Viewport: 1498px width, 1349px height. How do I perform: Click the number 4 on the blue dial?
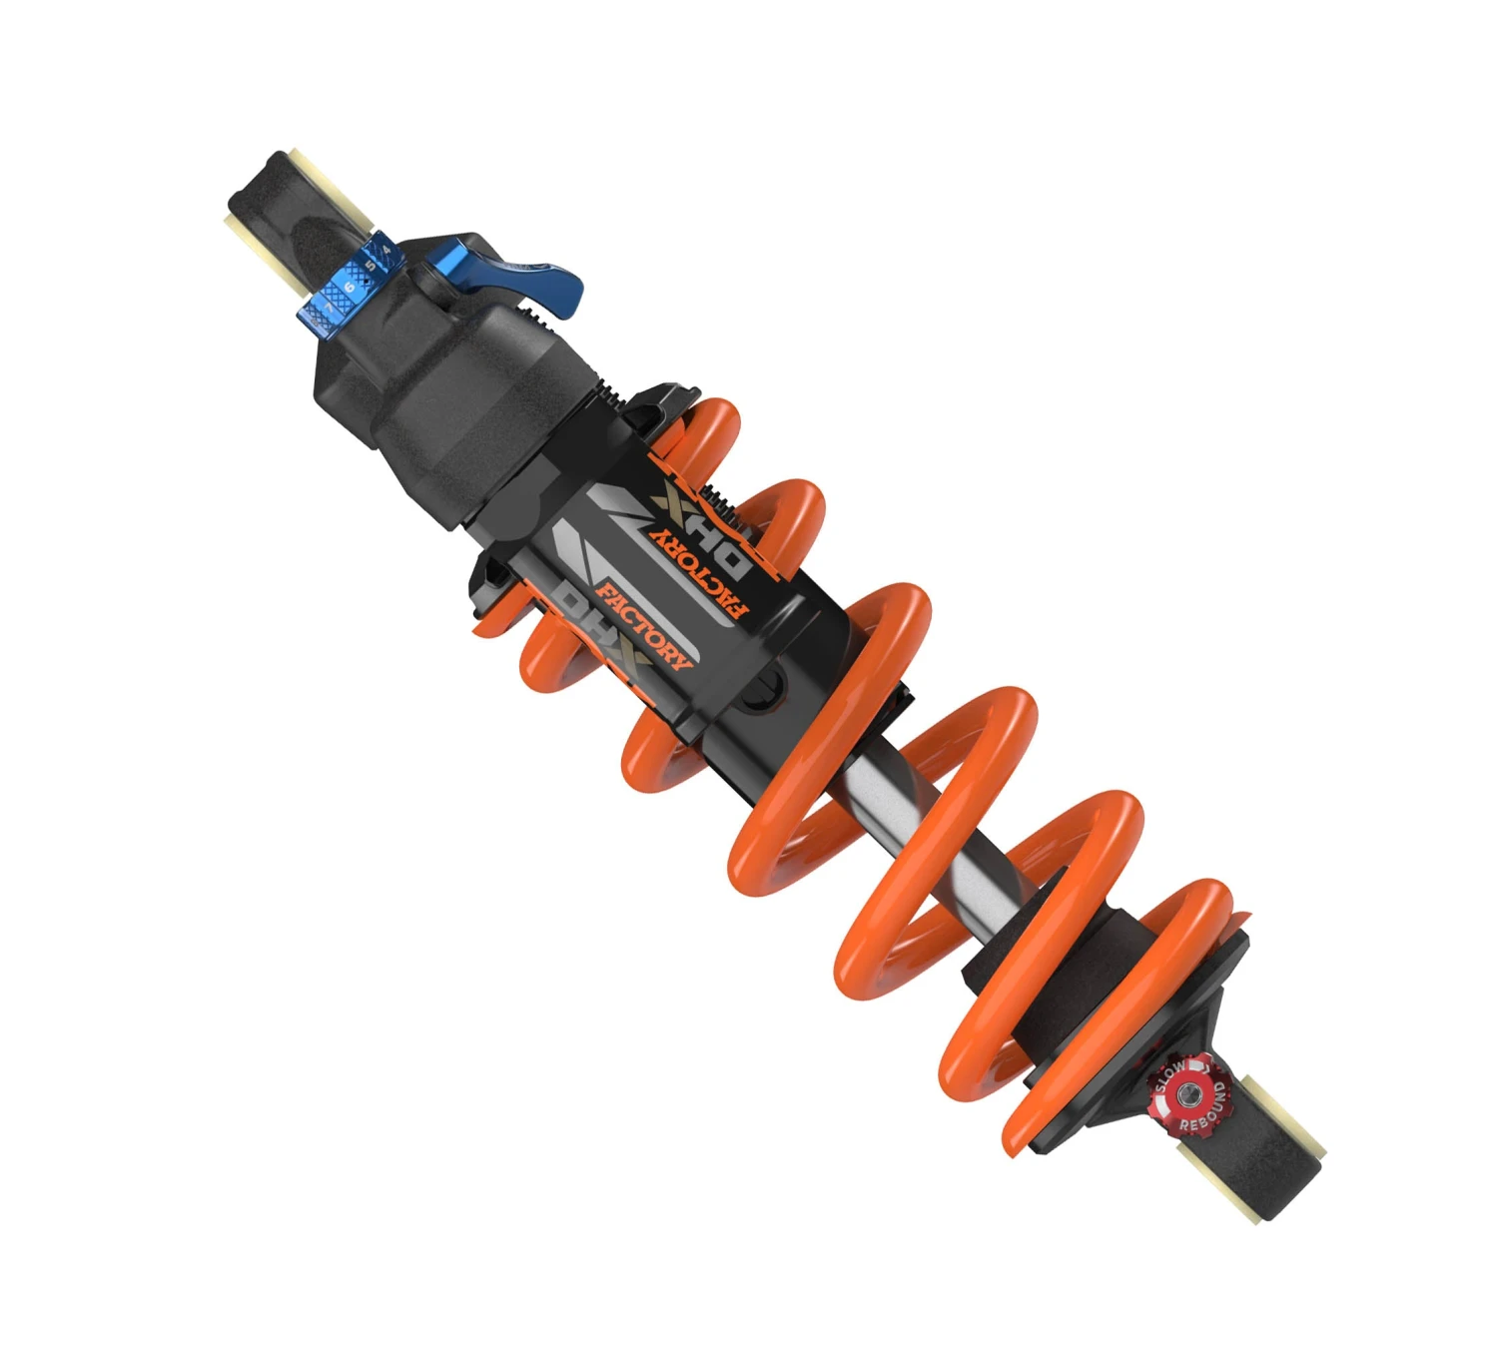(x=386, y=248)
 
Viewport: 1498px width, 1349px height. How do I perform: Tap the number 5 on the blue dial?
(x=371, y=267)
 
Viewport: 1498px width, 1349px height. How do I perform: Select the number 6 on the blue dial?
(x=350, y=288)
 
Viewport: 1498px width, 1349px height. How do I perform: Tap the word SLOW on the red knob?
(x=1170, y=1077)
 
